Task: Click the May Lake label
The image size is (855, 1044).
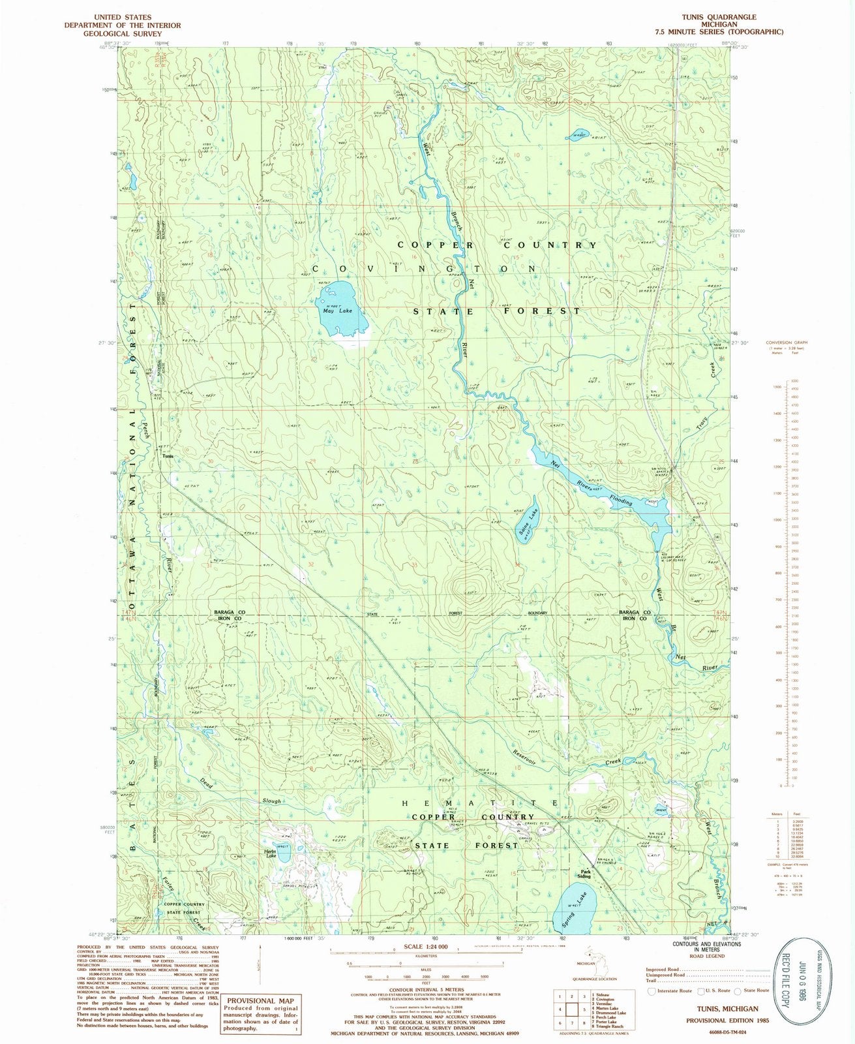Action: pyautogui.click(x=337, y=311)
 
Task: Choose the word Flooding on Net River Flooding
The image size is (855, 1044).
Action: pyautogui.click(x=620, y=499)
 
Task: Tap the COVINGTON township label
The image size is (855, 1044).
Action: pyautogui.click(x=424, y=269)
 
